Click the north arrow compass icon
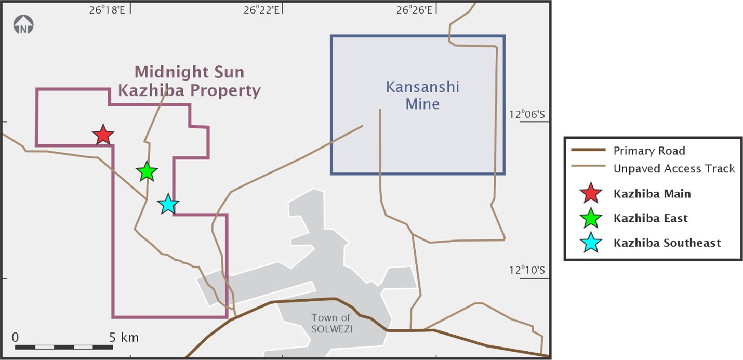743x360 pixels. coord(23,25)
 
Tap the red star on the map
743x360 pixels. coord(103,135)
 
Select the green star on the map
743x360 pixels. coord(147,171)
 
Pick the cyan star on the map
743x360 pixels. coord(168,204)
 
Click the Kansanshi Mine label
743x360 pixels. coord(422,95)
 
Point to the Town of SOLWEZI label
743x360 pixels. coord(331,323)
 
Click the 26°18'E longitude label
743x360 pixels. coord(107,9)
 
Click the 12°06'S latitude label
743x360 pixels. coord(526,115)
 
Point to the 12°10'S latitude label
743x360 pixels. coord(526,270)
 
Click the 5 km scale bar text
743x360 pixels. coord(124,338)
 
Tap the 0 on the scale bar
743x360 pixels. coord(15,337)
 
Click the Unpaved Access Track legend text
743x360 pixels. coord(674,168)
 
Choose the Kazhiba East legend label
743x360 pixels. coord(650,218)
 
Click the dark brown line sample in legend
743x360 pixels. coord(589,151)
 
